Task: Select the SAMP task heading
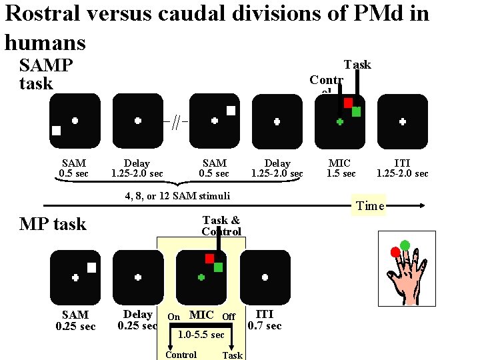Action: [45, 75]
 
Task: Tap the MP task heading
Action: [53, 224]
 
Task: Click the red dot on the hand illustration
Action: [395, 251]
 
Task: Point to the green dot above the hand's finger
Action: [405, 245]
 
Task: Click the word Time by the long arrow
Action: [370, 205]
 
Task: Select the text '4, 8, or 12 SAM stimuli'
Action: [177, 195]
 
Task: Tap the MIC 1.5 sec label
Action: [340, 168]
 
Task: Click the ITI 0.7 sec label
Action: [265, 319]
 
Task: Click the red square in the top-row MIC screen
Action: [348, 103]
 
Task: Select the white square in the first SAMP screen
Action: [57, 131]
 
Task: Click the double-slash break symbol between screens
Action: [175, 122]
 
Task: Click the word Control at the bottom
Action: [181, 355]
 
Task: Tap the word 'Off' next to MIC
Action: [228, 316]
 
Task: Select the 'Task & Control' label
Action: [221, 225]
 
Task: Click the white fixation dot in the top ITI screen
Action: [403, 121]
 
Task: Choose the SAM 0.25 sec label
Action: [75, 320]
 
